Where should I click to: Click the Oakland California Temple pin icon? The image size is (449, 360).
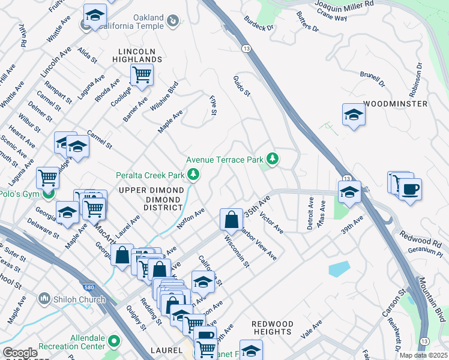click(x=173, y=22)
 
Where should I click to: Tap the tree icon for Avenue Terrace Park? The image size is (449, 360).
click(x=273, y=159)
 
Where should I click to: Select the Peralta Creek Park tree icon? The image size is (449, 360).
click(x=193, y=175)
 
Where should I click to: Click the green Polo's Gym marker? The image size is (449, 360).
click(x=49, y=194)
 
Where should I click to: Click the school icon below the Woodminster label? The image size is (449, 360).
click(x=354, y=115)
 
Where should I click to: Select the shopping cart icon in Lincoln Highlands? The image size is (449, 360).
click(x=141, y=76)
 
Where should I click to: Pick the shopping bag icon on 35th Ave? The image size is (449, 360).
click(x=231, y=220)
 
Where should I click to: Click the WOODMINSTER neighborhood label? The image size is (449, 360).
click(x=396, y=104)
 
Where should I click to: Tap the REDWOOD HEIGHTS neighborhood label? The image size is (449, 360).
click(x=272, y=328)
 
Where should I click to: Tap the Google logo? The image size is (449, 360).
click(x=20, y=353)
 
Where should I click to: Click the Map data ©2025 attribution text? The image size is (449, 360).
click(x=423, y=355)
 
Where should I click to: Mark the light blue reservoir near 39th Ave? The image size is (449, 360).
click(x=340, y=268)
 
